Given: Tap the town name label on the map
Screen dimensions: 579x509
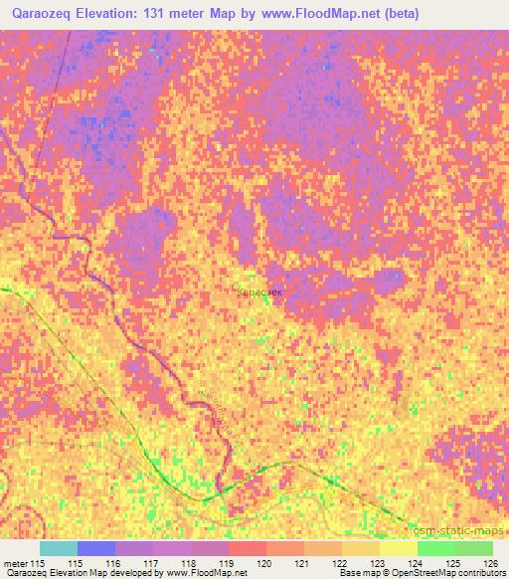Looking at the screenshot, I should [261, 293].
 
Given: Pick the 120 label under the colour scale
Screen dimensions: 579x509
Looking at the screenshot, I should [264, 563].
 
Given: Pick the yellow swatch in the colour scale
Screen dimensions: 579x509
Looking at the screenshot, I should [398, 548].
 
